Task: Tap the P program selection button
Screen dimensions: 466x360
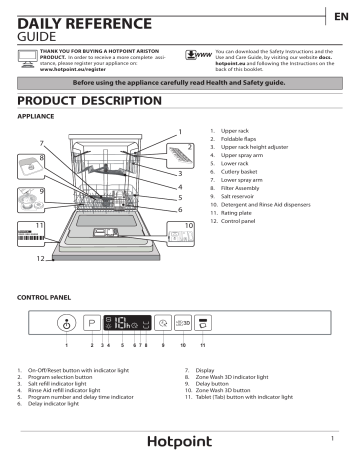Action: (x=93, y=324)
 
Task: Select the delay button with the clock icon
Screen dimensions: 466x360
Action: (x=162, y=324)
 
